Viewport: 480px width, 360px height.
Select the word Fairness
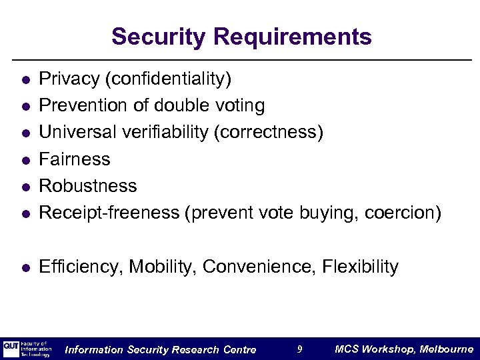pos(75,159)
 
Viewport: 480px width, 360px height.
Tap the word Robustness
pos(88,186)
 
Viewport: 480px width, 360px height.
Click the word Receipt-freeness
pos(109,213)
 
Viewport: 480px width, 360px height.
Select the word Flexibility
pos(360,267)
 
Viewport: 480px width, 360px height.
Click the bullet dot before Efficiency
pos(25,268)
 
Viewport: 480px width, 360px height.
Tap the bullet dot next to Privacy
pos(25,81)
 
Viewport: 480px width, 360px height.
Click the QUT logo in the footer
pos(11,348)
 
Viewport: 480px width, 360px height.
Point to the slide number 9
pos(300,349)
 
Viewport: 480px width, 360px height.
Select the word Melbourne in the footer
pos(447,349)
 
